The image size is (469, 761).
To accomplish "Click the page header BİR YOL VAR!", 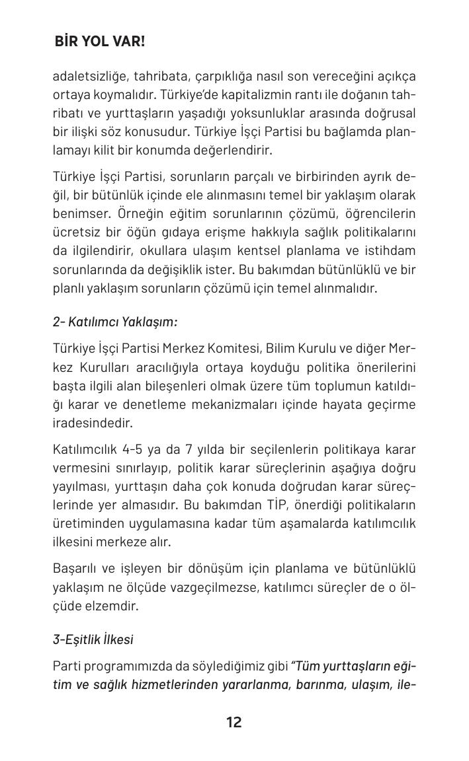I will pyautogui.click(x=100, y=42).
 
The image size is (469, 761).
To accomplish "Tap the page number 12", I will pyautogui.click(x=234, y=722).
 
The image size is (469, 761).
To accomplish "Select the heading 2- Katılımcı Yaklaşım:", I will pyautogui.click(x=115, y=322).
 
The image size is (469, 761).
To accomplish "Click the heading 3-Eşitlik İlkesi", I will pyautogui.click(x=93, y=639).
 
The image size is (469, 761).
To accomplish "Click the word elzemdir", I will pyautogui.click(x=111, y=606).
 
